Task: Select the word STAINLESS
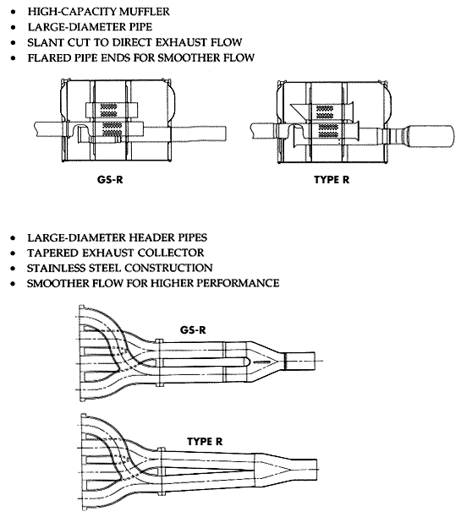(59, 267)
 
